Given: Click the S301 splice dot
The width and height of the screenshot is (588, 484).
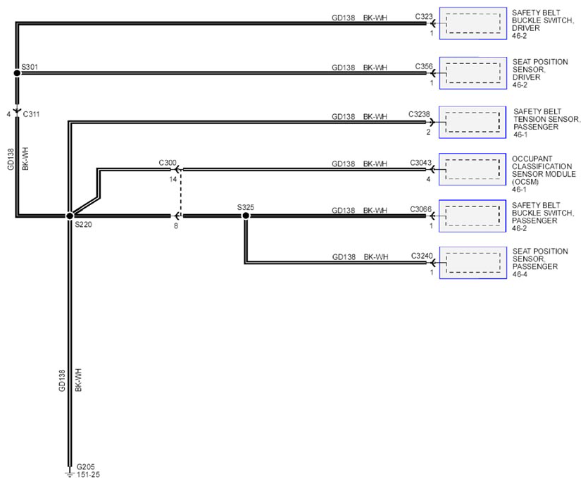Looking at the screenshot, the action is (x=17, y=73).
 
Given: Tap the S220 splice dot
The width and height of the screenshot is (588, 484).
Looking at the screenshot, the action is (x=70, y=216).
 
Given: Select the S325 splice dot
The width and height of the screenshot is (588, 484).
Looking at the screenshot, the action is (x=246, y=216).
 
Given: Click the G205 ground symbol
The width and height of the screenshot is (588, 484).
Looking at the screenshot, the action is (x=70, y=473).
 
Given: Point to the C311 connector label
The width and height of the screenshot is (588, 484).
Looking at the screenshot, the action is (x=31, y=114).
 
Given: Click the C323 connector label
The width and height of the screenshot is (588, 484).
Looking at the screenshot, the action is (x=424, y=16).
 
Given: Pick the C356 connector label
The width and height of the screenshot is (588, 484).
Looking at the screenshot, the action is (x=424, y=66).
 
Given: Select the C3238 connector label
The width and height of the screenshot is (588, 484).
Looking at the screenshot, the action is (x=419, y=114).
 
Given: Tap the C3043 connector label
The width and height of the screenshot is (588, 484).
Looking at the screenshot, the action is (x=420, y=163).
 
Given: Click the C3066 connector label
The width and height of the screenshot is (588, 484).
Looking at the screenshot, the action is (x=420, y=209).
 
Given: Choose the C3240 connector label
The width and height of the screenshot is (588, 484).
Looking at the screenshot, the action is (x=422, y=256).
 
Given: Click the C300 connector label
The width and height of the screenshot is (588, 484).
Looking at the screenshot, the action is (x=168, y=163).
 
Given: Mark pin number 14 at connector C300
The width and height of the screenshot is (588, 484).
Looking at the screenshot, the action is (x=173, y=180).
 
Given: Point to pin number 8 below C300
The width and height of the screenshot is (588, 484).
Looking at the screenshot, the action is (x=176, y=226).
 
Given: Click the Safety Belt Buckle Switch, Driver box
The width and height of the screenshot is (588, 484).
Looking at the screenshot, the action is (x=473, y=23).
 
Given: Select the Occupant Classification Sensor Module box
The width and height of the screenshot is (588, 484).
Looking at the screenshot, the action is (x=473, y=169).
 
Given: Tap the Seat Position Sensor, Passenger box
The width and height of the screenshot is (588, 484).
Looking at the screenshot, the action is (x=473, y=263).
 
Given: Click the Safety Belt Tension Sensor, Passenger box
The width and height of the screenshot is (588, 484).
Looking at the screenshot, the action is (x=473, y=122).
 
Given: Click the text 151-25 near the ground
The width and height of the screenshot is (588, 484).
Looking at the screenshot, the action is (x=88, y=475).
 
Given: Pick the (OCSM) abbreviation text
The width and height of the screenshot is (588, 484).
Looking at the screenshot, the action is (x=525, y=182).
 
